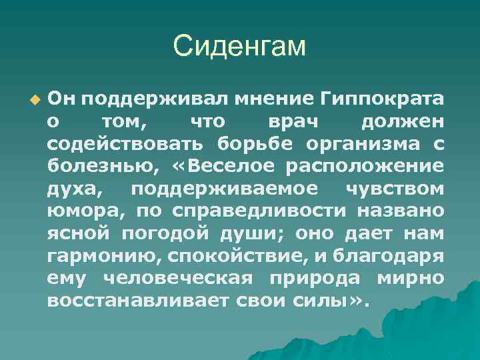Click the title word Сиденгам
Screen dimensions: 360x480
(239, 46)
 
